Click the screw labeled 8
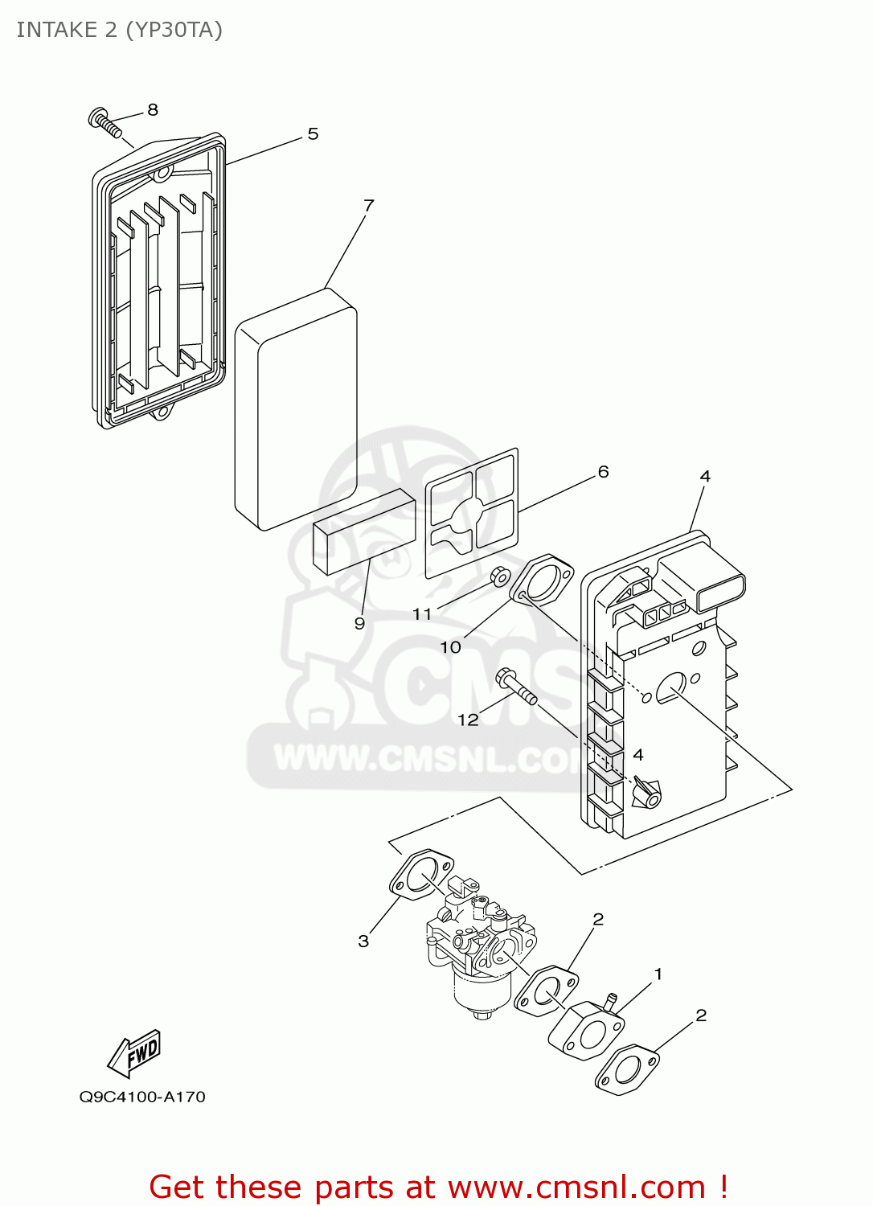tap(105, 123)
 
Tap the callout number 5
tap(313, 134)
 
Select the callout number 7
tap(369, 206)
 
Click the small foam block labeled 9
tap(364, 531)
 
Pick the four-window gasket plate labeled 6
tap(472, 513)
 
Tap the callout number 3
tap(363, 941)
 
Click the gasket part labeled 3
tap(421, 875)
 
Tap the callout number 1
tap(658, 974)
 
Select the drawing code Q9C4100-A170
tap(142, 1097)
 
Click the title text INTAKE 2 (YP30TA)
tap(119, 30)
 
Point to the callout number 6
tap(603, 472)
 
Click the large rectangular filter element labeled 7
tap(295, 410)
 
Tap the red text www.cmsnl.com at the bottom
tap(576, 1188)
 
